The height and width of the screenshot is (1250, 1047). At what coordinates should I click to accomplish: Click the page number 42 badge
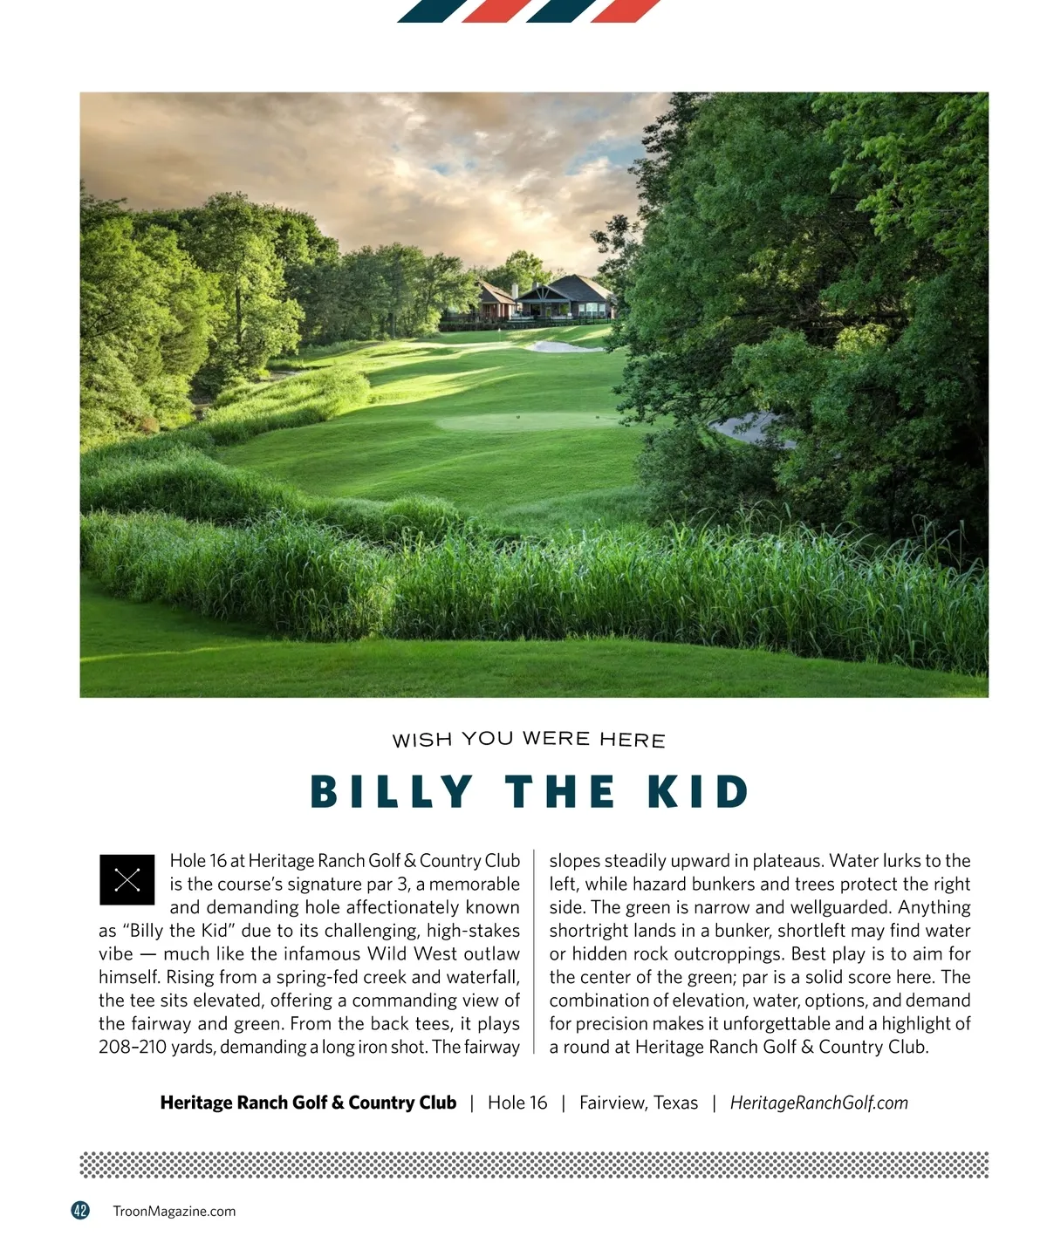80,1210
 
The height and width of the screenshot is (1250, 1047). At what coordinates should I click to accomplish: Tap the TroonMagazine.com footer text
174,1211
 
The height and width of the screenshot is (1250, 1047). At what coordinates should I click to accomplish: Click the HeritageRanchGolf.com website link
818,1103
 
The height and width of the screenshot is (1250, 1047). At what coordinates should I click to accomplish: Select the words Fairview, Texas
639,1103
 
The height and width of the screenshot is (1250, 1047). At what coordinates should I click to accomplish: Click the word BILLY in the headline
392,792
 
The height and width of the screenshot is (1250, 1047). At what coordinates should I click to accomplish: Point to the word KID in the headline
698,792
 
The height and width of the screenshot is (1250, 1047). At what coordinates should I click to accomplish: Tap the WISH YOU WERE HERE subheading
529,740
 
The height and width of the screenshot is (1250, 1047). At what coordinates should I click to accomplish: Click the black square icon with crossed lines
127,879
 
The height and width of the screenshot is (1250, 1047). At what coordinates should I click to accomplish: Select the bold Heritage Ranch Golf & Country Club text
308,1103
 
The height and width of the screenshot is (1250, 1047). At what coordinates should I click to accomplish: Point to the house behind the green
565,298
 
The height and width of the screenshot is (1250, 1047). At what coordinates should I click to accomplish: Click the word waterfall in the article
482,977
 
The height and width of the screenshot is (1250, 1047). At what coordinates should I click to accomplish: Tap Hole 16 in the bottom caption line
517,1103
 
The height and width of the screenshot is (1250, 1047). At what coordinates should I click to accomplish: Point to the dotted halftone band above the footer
534,1165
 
